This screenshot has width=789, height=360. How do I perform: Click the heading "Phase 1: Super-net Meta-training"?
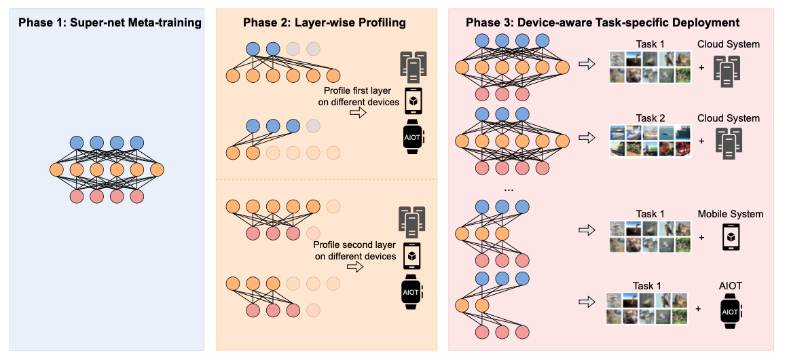110,23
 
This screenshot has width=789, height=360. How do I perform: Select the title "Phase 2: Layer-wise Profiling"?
324,23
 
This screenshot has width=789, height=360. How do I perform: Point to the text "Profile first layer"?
358,91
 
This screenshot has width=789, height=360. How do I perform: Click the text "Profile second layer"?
354,245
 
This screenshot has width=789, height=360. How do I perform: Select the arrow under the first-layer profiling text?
357,113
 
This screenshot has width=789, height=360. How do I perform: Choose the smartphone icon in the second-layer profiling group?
412,256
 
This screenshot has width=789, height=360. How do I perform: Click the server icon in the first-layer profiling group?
412,65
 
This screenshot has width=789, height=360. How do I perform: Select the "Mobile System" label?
731,214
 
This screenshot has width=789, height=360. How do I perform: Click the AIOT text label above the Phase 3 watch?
730,286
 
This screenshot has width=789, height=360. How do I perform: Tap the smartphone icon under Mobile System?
731,237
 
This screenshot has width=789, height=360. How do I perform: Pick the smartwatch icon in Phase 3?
731,312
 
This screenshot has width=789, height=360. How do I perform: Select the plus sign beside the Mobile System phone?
701,238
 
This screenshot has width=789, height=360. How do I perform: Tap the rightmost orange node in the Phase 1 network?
158,169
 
